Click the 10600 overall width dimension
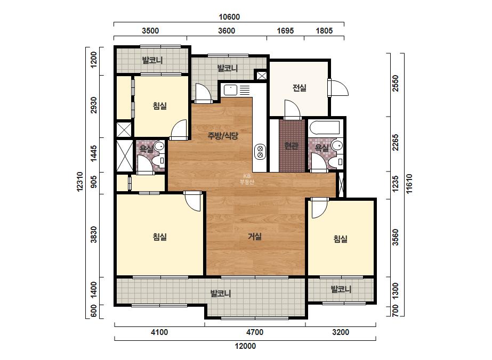click(x=229, y=17)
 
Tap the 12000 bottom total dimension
click(x=245, y=346)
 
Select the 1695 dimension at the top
click(x=285, y=31)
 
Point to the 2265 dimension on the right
click(x=396, y=142)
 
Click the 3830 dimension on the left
click(x=93, y=234)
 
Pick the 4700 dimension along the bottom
click(x=255, y=332)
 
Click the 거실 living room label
click(x=255, y=236)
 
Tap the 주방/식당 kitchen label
click(x=223, y=136)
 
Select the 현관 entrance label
click(x=291, y=145)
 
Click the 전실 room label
click(x=300, y=88)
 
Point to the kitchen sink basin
click(x=231, y=90)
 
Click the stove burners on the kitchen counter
click(x=260, y=152)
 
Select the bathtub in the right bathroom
click(x=325, y=128)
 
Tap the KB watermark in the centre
click(x=247, y=179)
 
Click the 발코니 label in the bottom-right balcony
click(x=341, y=289)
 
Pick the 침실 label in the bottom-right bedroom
click(x=341, y=239)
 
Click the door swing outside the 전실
click(x=340, y=88)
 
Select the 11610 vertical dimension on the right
click(x=409, y=184)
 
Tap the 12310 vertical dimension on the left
click(x=80, y=182)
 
